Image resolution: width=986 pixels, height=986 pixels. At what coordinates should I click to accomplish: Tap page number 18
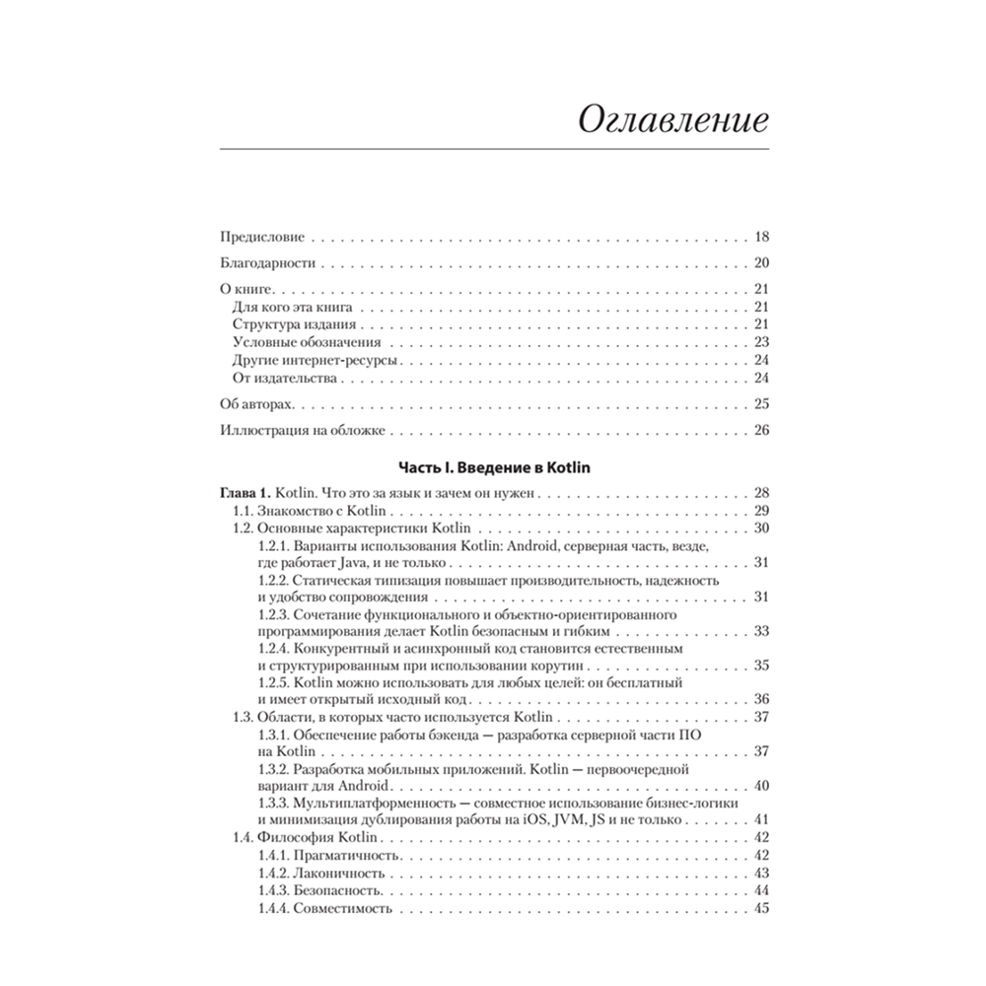click(760, 238)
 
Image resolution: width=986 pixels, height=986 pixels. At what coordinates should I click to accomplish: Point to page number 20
click(760, 263)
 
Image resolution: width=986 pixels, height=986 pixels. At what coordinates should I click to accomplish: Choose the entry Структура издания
click(294, 324)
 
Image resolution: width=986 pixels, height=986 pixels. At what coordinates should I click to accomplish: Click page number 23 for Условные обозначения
click(760, 342)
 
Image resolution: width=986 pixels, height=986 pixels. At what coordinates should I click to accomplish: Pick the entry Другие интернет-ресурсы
click(316, 360)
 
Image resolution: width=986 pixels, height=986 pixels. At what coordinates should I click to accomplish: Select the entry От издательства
click(286, 378)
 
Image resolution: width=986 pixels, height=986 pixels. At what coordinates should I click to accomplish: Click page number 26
click(760, 430)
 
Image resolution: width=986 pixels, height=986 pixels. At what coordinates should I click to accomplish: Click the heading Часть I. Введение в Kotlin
click(493, 467)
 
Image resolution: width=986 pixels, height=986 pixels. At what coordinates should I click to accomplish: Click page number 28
click(760, 492)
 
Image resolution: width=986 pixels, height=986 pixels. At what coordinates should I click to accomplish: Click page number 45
click(760, 908)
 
